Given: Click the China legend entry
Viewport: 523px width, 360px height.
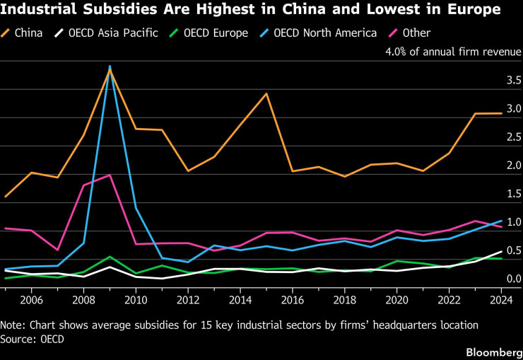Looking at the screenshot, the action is point(22,33).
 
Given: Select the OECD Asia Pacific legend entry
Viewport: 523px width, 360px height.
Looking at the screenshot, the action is point(106,33).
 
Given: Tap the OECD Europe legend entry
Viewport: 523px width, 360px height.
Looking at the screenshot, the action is point(208,33).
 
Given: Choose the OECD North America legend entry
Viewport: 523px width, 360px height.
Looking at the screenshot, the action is point(318,33).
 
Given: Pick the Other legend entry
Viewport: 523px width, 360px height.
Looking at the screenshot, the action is point(410,33).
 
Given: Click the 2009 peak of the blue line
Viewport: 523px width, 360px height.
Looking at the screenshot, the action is point(110,66).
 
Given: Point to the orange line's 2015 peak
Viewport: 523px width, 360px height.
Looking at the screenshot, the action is point(266,93).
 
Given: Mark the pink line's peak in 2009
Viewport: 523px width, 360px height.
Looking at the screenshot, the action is point(110,175).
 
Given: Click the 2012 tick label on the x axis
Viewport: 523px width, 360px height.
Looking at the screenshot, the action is point(188,300).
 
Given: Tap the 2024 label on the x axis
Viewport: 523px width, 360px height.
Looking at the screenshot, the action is point(501,300).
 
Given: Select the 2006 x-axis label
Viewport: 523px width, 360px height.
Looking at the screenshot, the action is point(31,300).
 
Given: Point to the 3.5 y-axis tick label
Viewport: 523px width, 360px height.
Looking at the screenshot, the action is point(514,80).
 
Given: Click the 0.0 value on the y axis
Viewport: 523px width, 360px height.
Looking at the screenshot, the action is point(514,279).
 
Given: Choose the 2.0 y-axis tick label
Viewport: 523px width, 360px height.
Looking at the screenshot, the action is point(514,166).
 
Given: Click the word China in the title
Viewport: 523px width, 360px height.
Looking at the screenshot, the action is point(302,9).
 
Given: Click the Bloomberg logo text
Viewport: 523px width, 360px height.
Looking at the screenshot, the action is point(494,352).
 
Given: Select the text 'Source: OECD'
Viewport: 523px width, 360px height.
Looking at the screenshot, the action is point(32,339).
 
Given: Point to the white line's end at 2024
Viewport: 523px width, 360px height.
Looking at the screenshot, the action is point(501,251).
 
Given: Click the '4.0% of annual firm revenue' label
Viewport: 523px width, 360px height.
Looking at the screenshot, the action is point(453,52).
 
